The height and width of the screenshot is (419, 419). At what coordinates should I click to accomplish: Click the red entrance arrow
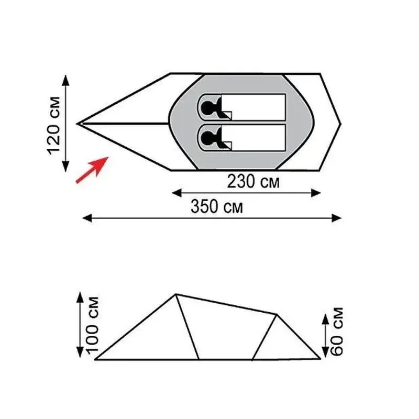pyautogui.click(x=92, y=170)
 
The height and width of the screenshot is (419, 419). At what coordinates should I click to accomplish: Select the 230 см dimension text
pyautogui.click(x=253, y=181)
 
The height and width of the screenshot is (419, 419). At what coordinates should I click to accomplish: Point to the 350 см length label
pyautogui.click(x=217, y=206)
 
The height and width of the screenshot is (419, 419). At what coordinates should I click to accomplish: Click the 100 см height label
pyautogui.click(x=92, y=325)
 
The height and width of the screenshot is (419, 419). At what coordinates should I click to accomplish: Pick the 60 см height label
pyautogui.click(x=336, y=332)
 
